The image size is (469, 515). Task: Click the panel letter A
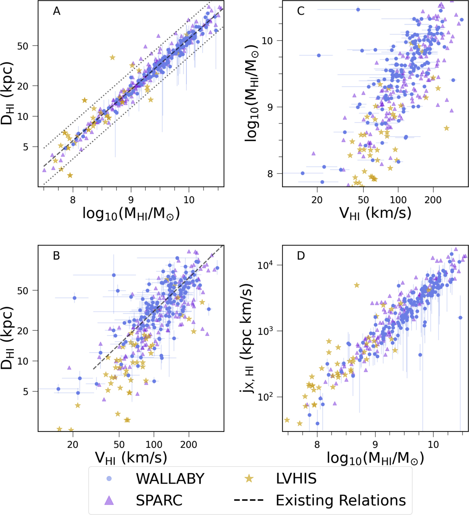pos(57,11)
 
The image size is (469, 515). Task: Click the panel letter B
pos(56,256)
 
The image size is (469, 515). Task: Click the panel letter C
pos(301,11)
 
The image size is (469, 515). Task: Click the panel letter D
pos(301,256)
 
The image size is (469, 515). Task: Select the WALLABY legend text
pos(170,479)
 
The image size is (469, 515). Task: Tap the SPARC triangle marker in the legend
pos(109,500)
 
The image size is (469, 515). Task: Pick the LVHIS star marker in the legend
pos(249,478)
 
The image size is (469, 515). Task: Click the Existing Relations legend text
pos(341,500)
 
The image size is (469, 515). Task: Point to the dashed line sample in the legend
pos(249,500)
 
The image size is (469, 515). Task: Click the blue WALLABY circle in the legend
pos(109,478)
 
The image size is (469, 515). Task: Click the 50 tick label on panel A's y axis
pos(23,46)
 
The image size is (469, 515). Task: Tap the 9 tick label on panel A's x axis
pos(131,200)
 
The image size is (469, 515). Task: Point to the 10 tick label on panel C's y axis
pos(268,41)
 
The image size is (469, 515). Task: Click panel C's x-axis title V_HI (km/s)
pos(375,213)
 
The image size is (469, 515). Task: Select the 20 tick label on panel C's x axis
pos(317,200)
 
